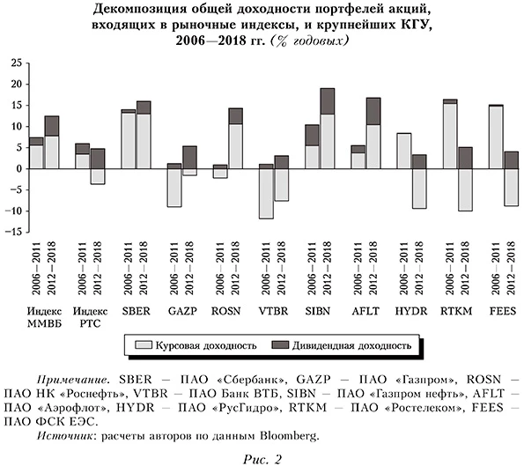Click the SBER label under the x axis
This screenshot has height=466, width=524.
coord(135,311)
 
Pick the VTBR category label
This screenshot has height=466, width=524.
coord(272,311)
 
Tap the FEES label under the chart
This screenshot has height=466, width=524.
coord(502,311)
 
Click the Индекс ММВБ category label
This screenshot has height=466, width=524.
coord(43,317)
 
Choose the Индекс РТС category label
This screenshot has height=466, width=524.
coord(89,317)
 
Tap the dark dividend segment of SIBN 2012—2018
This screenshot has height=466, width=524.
coord(327,101)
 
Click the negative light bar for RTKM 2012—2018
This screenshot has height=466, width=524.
coord(464,189)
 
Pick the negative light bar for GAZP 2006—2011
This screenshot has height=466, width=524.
coord(173,187)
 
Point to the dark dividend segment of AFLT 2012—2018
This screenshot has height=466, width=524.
coord(373,111)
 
